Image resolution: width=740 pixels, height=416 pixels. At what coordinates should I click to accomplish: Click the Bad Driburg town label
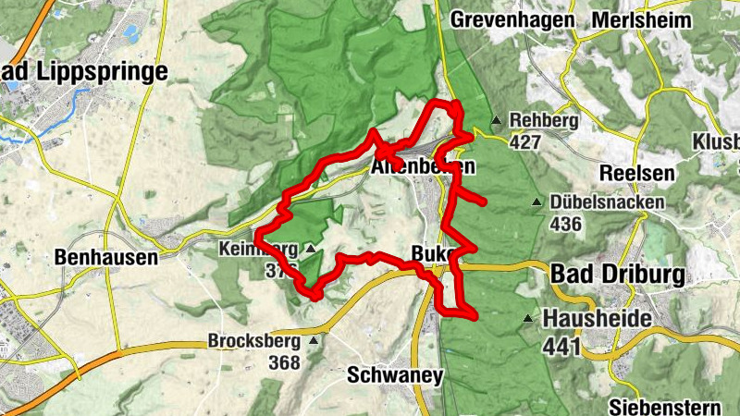tap(617, 275)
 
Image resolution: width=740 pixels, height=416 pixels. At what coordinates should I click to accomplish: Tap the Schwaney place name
tap(395, 375)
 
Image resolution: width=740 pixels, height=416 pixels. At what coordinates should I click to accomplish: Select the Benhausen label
tap(106, 257)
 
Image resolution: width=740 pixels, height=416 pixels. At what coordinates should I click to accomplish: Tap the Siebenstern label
tap(665, 407)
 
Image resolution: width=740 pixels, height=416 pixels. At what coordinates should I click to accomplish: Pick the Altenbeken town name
tap(423, 168)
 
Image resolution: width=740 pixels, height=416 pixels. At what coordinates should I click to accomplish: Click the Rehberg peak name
tap(544, 120)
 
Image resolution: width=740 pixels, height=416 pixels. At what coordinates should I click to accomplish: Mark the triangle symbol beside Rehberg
tap(497, 119)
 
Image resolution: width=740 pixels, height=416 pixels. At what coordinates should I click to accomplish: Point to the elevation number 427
tap(524, 141)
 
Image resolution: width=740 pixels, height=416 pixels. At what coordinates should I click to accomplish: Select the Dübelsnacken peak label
tap(607, 202)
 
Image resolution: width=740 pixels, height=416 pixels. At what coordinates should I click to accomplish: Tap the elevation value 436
tap(566, 224)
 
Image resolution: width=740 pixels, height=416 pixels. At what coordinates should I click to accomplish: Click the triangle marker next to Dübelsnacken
tap(536, 202)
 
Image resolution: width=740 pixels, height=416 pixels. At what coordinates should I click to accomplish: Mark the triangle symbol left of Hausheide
tap(528, 319)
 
